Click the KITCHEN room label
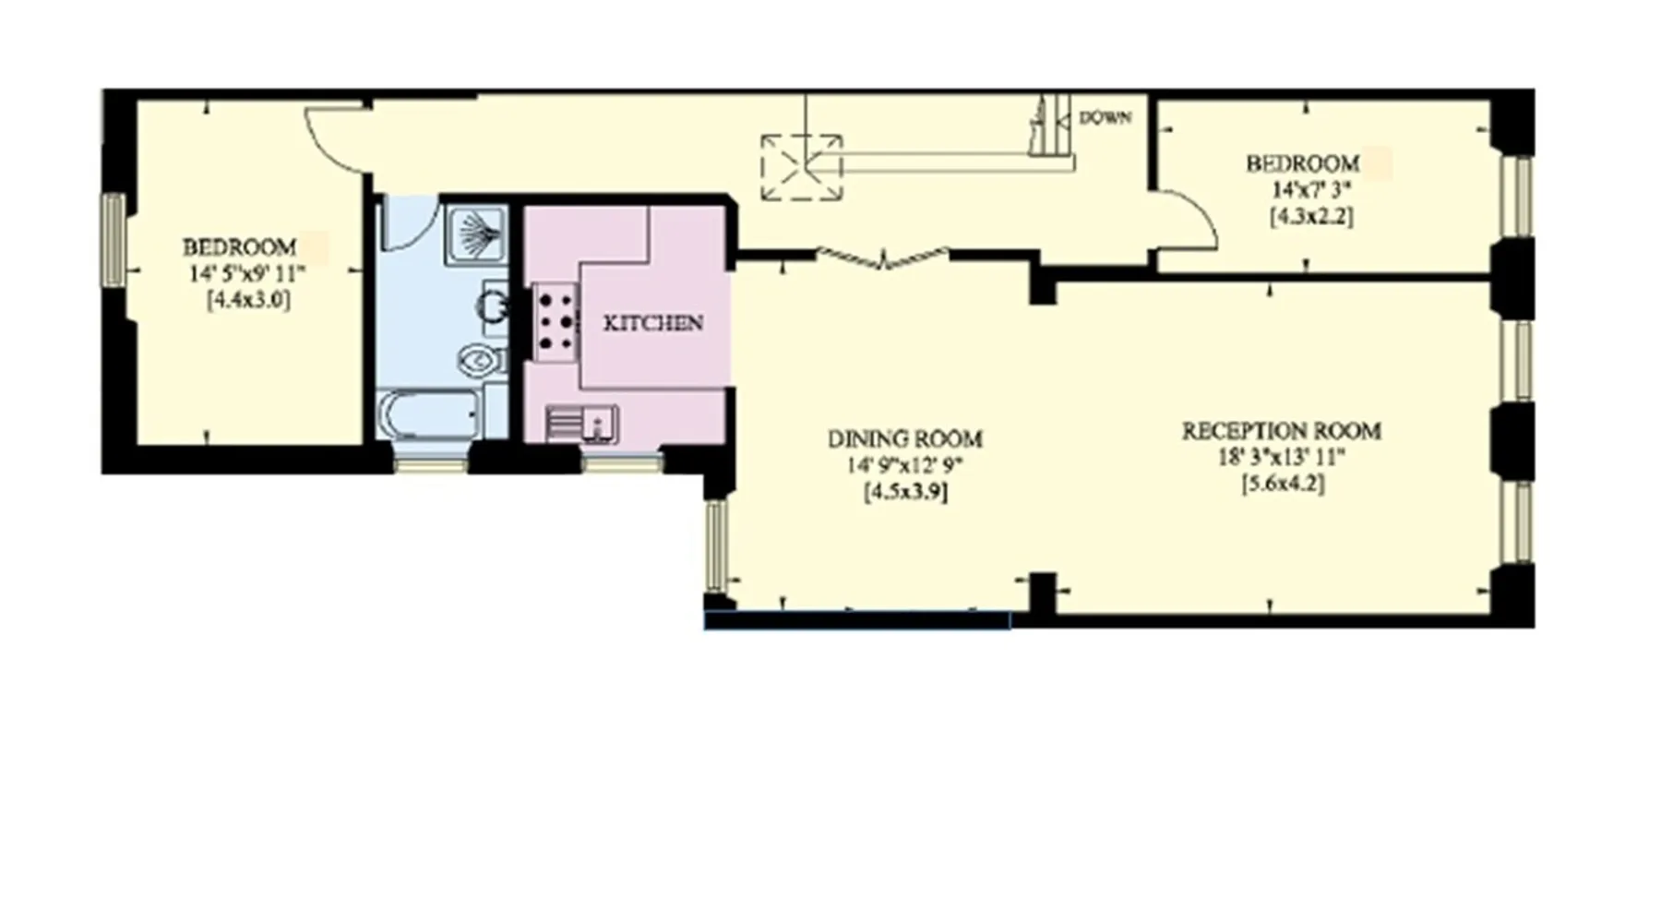652,323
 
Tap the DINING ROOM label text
905,438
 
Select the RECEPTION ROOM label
1282,431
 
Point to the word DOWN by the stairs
1105,118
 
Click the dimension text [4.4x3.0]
249,300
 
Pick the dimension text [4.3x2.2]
1312,217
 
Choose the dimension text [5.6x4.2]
1284,484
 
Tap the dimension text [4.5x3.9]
905,492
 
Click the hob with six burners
556,322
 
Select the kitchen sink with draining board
581,424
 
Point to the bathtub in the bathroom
430,415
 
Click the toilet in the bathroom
482,359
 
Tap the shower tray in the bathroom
476,235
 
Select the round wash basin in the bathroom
495,306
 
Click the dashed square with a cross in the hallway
802,167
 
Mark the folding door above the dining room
883,258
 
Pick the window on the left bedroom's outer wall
114,239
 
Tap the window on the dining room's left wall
716,545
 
